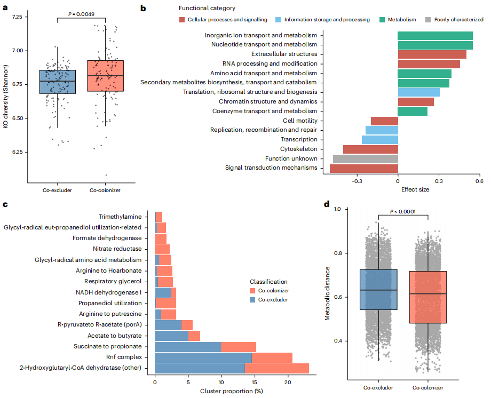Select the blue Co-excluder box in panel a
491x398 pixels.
click(x=58, y=82)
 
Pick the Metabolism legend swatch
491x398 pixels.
click(x=383, y=20)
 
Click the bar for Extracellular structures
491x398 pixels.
click(x=432, y=54)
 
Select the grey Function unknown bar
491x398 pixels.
click(x=366, y=158)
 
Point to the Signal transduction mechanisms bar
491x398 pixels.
click(x=363, y=168)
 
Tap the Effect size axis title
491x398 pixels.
click(x=415, y=189)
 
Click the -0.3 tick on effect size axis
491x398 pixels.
click(x=357, y=181)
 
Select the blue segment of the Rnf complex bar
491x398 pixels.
click(x=203, y=357)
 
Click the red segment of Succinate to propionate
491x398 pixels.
click(x=239, y=347)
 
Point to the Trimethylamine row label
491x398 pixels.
click(x=120, y=217)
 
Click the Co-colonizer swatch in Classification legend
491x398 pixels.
click(x=253, y=291)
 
